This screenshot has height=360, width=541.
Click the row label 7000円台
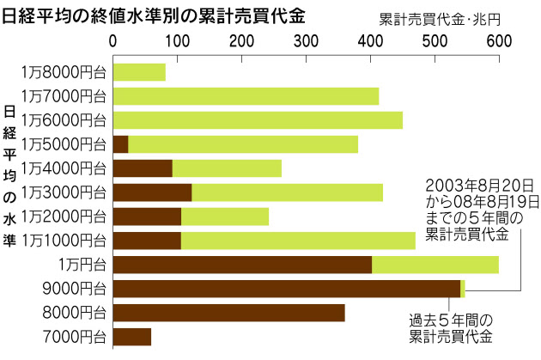point(79,336)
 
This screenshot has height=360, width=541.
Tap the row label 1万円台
point(82,265)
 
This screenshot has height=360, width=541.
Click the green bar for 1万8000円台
point(139,72)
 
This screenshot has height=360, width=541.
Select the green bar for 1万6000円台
point(258,120)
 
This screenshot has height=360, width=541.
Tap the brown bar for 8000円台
point(228,312)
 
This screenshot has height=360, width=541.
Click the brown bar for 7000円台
point(132,336)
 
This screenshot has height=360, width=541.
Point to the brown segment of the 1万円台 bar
point(242,265)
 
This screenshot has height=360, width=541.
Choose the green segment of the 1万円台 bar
point(435,265)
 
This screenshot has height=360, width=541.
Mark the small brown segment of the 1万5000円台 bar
point(121,144)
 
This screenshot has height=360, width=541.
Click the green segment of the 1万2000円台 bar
point(224,217)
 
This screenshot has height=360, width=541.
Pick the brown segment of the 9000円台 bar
point(287,288)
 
